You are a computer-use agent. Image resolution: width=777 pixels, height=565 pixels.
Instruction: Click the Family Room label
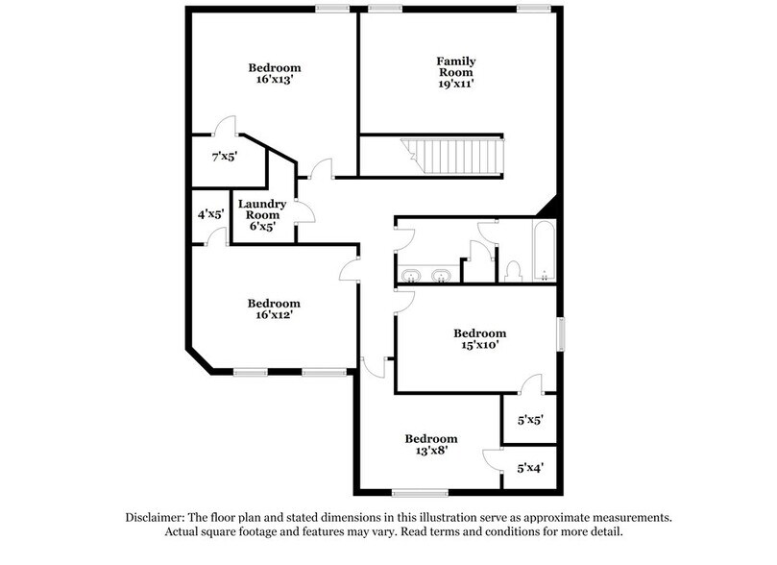point(457,67)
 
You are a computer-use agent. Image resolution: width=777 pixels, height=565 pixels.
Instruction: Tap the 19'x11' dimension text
point(457,85)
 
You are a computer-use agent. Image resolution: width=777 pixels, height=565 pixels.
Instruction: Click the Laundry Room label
point(263,209)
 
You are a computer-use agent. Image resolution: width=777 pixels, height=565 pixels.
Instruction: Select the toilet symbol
point(514,270)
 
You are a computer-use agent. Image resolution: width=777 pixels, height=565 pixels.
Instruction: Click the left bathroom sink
point(411,276)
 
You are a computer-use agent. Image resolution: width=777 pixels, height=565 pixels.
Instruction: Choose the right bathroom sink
point(442,276)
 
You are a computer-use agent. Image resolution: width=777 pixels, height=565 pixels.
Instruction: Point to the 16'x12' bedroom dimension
point(274,314)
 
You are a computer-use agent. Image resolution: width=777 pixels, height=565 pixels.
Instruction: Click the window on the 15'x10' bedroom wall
point(561,334)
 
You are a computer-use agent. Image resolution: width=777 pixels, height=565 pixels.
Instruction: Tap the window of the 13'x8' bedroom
point(420,493)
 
